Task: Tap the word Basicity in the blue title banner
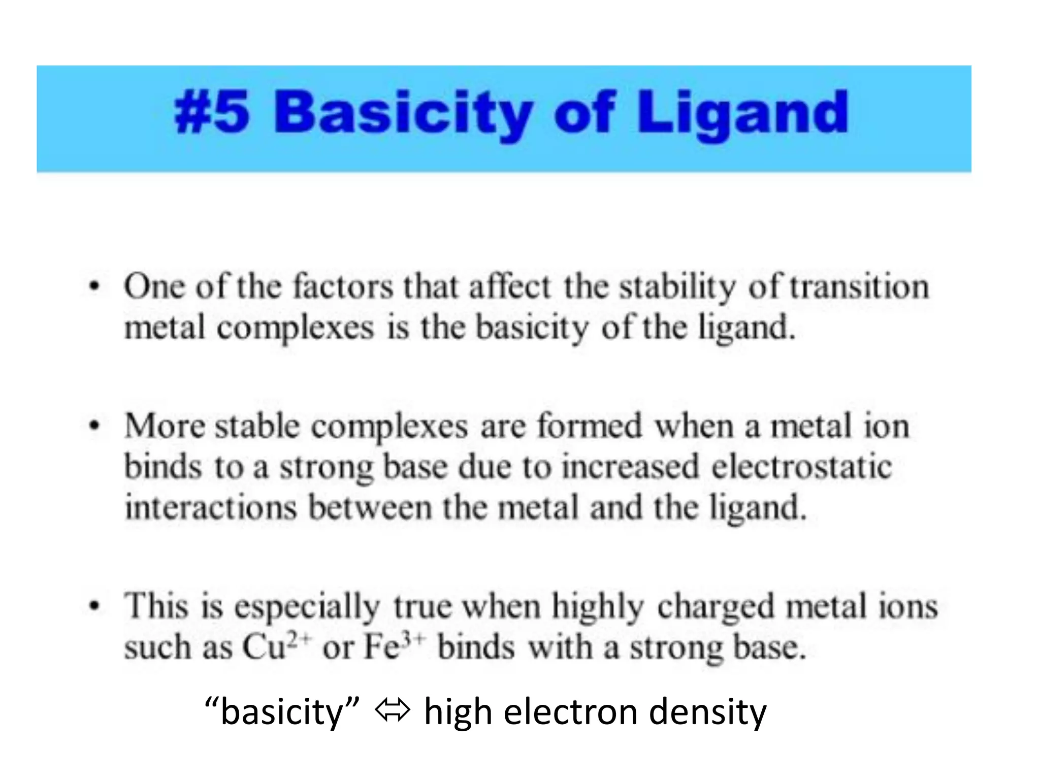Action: tap(404, 113)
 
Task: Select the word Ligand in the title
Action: tap(742, 113)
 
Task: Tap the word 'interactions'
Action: tap(211, 507)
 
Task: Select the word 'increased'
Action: tap(630, 467)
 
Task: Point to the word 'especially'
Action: tap(307, 607)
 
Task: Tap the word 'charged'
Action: tap(716, 607)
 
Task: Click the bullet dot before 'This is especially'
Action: tap(94, 606)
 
